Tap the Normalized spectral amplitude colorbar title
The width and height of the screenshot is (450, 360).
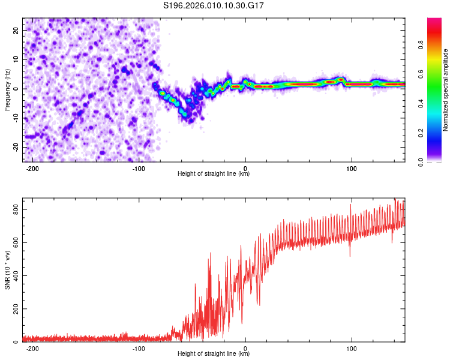[x=446, y=90]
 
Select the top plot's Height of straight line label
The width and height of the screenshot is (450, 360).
[x=214, y=173]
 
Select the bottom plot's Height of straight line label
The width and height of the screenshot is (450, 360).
[x=214, y=353]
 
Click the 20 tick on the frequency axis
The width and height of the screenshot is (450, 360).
[x=16, y=30]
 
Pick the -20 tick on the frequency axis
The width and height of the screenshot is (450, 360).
[x=14, y=147]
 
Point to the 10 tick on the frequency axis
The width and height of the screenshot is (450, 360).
[x=16, y=59]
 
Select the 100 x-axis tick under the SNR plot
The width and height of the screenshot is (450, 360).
[x=352, y=348]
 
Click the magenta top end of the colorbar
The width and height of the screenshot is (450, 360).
[x=434, y=20]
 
